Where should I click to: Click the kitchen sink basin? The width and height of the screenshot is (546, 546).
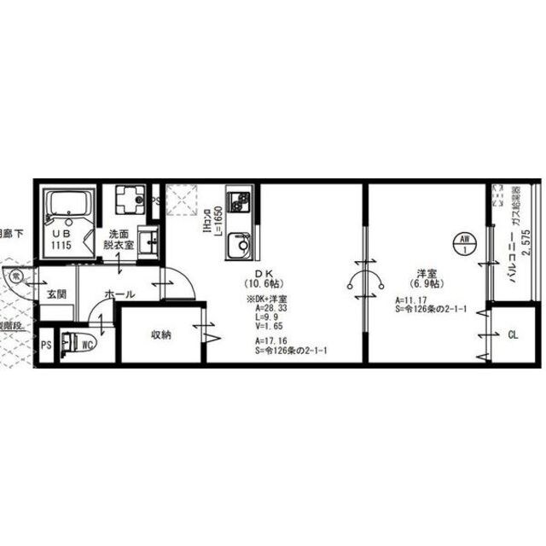click(x=240, y=248)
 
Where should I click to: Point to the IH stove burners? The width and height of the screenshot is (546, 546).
click(x=238, y=204)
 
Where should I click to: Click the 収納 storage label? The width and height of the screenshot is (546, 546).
click(x=162, y=335)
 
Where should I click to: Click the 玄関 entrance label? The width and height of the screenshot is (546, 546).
click(x=56, y=294)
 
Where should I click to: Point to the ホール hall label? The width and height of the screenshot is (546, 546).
click(x=119, y=294)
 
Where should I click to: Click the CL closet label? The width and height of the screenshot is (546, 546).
click(x=513, y=335)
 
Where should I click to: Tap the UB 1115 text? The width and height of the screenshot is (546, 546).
click(x=62, y=239)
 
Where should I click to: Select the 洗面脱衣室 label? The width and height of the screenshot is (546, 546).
click(x=119, y=239)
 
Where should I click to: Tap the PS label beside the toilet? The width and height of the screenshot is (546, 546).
click(x=45, y=346)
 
